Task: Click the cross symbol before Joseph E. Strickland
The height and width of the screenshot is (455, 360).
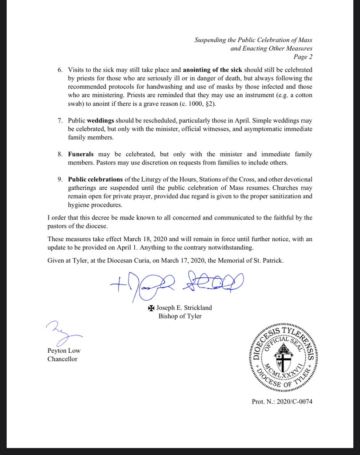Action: (151, 307)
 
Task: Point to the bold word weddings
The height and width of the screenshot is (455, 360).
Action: (101, 120)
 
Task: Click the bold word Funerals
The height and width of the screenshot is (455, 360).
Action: (81, 154)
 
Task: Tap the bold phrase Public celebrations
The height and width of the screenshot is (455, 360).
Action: (95, 179)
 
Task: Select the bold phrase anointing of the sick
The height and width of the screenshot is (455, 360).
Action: (212, 70)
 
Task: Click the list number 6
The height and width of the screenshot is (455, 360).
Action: (61, 70)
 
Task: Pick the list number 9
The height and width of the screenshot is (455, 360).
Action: (61, 179)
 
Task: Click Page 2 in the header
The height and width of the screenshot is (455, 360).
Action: (303, 56)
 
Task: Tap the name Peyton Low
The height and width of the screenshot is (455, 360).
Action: (64, 351)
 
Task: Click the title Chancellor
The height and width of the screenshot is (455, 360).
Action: (62, 359)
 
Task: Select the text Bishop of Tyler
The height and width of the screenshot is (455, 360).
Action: (180, 316)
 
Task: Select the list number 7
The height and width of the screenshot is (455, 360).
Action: (61, 120)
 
